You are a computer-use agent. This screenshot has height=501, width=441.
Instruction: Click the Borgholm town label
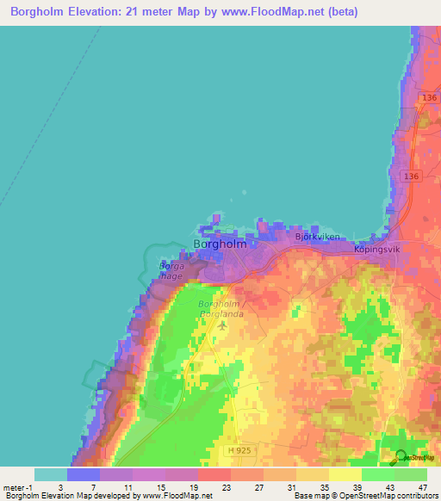(x=220, y=244)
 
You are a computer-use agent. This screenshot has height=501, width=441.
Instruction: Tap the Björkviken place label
(x=318, y=236)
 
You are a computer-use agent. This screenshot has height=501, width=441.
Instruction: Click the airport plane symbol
(x=223, y=325)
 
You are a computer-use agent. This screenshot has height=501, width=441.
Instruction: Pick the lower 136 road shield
(x=411, y=176)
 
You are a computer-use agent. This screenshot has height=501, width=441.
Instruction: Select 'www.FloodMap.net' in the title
(x=266, y=12)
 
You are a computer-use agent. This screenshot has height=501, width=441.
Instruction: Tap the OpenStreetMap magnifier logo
(x=401, y=457)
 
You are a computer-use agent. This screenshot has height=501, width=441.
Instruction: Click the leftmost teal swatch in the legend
(x=50, y=473)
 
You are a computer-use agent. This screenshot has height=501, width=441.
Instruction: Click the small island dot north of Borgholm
(x=245, y=193)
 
